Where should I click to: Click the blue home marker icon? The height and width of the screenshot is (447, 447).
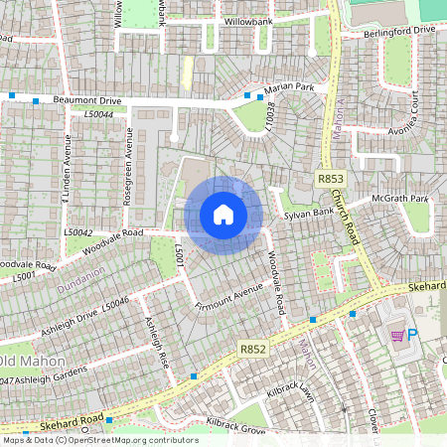point(223,215)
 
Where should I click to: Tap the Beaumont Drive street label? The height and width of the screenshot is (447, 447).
point(87,101)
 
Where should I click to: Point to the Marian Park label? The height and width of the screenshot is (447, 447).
point(291,87)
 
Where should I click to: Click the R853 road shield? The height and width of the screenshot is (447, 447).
point(331,178)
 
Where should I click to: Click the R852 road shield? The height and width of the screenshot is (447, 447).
point(252,350)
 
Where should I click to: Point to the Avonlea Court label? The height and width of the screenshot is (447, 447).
point(416,116)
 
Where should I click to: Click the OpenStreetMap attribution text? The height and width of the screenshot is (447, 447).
point(99,439)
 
